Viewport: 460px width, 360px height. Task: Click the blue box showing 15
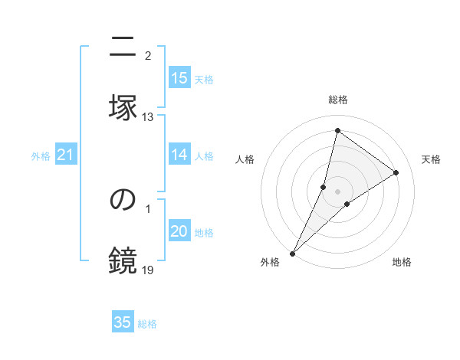point(179,78)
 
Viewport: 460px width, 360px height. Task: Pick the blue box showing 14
point(179,155)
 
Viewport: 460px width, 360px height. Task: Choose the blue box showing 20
point(179,231)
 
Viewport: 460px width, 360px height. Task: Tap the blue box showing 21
point(65,155)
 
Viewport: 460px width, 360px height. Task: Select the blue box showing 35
point(123,322)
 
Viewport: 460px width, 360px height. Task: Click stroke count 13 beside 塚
point(148,117)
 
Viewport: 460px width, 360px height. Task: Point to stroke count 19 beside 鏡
point(148,270)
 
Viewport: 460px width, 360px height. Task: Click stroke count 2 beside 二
point(148,56)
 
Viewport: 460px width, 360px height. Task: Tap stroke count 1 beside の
point(148,208)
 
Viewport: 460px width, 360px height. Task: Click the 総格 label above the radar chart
point(338,100)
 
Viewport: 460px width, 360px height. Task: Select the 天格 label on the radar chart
point(431,159)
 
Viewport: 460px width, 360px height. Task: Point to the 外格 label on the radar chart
point(270,262)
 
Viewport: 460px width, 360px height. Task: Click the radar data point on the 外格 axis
point(293,253)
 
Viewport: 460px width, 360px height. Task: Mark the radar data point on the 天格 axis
point(396,172)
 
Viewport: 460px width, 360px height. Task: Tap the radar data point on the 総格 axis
point(337,130)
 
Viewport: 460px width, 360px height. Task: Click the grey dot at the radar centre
point(337,191)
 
